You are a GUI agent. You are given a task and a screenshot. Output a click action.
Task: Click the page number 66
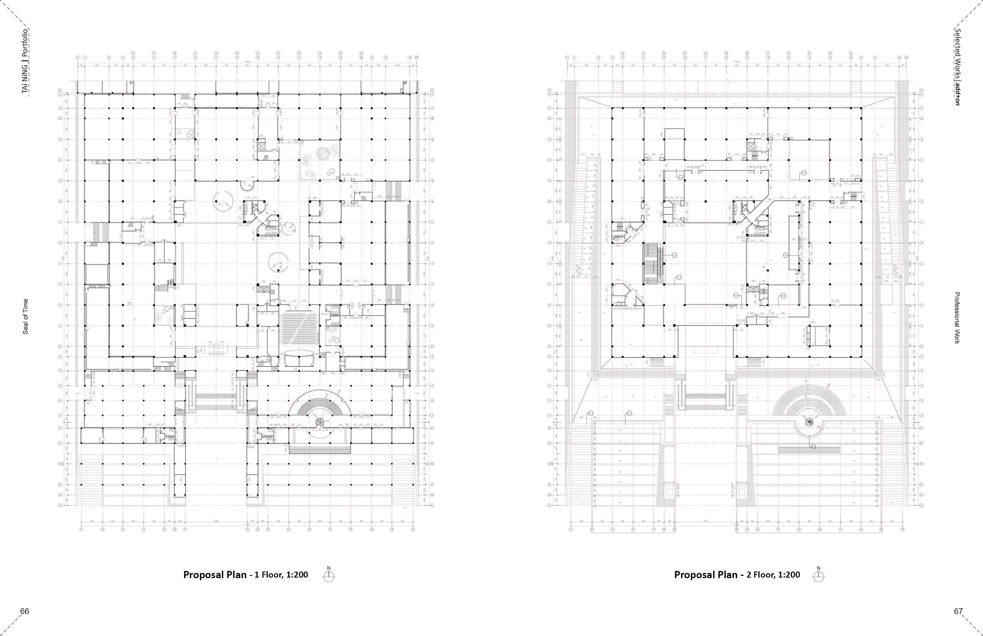pos(25,611)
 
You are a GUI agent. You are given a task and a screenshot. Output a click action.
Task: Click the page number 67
pos(958,611)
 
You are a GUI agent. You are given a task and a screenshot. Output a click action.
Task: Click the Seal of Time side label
pos(26,317)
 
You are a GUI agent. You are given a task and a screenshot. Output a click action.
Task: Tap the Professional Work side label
pos(957,318)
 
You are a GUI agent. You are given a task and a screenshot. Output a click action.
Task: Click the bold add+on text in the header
pos(957,94)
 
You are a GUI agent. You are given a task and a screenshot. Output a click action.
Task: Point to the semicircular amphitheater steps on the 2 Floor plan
pos(809,403)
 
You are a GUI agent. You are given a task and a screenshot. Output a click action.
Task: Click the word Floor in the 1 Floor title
pos(271,575)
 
